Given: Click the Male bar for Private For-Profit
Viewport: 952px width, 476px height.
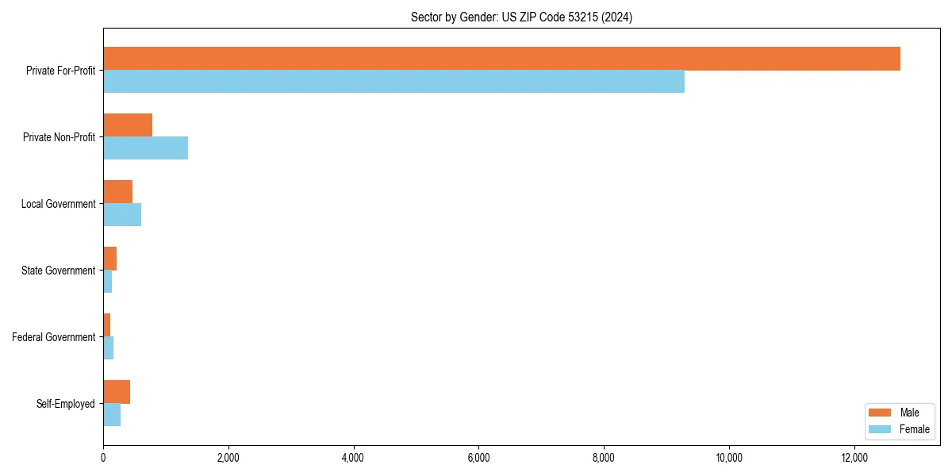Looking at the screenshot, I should [x=501, y=59].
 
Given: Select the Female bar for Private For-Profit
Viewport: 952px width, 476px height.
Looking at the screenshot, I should [x=393, y=82].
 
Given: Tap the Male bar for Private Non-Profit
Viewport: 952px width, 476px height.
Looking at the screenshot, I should [x=128, y=125].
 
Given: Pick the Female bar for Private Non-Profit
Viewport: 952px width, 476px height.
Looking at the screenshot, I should [x=145, y=148].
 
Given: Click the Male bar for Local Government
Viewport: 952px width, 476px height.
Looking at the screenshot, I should [x=117, y=192].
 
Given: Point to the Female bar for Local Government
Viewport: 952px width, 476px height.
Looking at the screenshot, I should [x=122, y=215].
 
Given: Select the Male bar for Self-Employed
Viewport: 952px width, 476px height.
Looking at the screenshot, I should [x=117, y=392].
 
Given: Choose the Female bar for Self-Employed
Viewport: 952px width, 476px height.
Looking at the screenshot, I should [x=112, y=415].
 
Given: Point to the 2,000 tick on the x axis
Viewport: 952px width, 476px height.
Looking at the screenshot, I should [x=228, y=458].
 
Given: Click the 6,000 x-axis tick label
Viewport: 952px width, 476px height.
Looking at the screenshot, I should [x=478, y=458].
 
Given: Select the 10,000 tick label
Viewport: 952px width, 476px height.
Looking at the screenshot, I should [x=728, y=458].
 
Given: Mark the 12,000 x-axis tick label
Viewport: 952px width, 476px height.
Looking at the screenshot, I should [x=854, y=458].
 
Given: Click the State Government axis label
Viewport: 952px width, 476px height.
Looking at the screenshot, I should [x=58, y=271].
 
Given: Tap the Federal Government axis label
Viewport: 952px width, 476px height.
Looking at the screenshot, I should [x=53, y=337].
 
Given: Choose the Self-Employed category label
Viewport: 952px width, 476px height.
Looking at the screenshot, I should [x=65, y=404].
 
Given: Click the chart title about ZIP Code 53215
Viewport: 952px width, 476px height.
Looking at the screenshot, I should [x=521, y=17].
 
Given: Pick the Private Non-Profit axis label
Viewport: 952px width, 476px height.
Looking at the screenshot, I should [x=59, y=137].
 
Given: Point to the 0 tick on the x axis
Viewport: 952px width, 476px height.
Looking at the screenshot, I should [x=103, y=458].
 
